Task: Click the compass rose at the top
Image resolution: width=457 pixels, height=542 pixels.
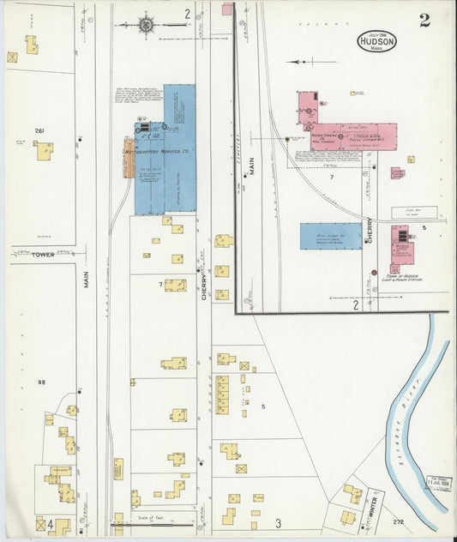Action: pyautogui.click(x=147, y=25)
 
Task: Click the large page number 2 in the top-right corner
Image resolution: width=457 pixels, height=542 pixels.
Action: pyautogui.click(x=424, y=21)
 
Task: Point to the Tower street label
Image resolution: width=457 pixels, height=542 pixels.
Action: pyautogui.click(x=43, y=255)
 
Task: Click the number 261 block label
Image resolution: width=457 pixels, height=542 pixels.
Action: pyautogui.click(x=39, y=130)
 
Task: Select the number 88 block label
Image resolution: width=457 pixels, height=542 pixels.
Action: pyautogui.click(x=40, y=382)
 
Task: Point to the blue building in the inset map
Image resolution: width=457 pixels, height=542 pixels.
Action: pyautogui.click(x=330, y=236)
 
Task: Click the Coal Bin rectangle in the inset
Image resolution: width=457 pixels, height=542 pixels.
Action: pyautogui.click(x=408, y=211)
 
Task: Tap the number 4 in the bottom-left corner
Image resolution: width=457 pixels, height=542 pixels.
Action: pyautogui.click(x=51, y=523)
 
